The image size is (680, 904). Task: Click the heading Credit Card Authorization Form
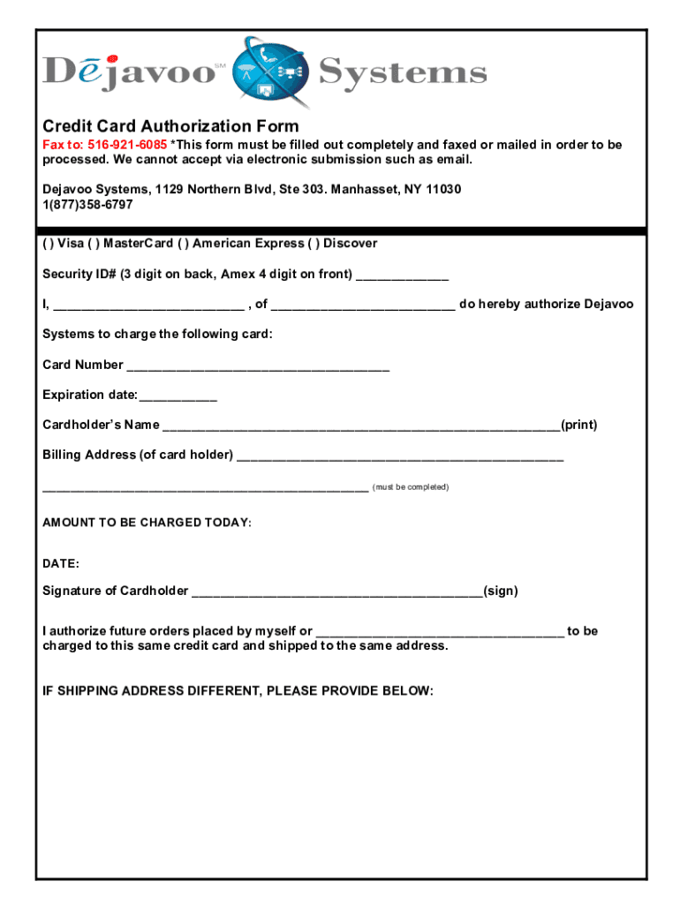click(170, 126)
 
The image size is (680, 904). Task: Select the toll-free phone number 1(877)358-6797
click(87, 205)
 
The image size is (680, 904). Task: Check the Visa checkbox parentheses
click(48, 244)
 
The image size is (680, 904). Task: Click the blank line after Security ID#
click(402, 275)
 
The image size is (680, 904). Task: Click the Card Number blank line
click(258, 366)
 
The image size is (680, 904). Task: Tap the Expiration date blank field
click(178, 396)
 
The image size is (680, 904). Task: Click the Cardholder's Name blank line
click(361, 426)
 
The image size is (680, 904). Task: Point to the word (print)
click(579, 426)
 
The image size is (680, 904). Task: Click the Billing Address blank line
click(400, 456)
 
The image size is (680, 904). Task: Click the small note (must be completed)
click(411, 487)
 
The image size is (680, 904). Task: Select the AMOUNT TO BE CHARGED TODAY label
click(147, 523)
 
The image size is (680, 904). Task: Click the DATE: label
click(61, 563)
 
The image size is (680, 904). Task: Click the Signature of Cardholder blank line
click(336, 592)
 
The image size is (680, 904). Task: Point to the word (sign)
click(501, 591)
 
